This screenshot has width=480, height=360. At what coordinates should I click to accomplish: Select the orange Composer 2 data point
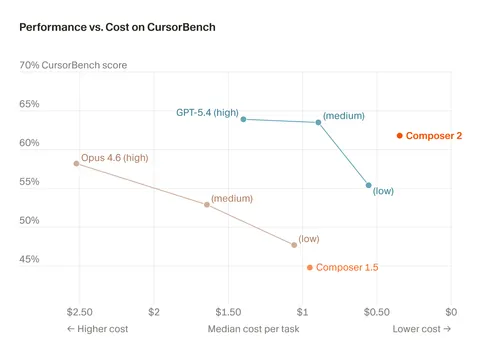coord(399,136)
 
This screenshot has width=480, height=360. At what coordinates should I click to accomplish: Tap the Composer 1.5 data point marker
coord(310,267)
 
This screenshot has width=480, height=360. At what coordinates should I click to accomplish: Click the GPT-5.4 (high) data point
coord(243,119)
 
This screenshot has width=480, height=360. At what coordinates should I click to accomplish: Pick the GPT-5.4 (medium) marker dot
coord(318,122)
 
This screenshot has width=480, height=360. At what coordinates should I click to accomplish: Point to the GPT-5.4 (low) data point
coord(368,185)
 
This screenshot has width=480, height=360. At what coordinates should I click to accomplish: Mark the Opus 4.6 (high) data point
coord(76,163)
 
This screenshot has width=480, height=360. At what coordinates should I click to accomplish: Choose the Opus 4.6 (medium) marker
coord(207,204)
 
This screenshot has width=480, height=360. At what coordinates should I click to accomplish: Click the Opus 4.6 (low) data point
coord(294,244)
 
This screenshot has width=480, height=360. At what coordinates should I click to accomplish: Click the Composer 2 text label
coord(433,136)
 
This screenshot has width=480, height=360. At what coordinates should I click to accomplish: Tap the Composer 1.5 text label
coord(347,267)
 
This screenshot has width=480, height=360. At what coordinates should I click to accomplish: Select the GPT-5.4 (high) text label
coord(207,113)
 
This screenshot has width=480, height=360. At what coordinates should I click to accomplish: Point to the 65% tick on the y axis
coord(30,104)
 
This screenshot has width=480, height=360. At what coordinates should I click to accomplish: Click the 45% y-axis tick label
coord(30,259)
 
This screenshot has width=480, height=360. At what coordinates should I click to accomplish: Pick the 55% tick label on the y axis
coord(30,182)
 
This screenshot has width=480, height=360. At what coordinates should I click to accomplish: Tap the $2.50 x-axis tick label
coord(80,311)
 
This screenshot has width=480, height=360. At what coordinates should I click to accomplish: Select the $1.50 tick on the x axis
coord(228,311)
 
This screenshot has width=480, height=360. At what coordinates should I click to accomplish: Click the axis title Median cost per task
coord(253,328)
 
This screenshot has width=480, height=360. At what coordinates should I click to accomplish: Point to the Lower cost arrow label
coord(421,328)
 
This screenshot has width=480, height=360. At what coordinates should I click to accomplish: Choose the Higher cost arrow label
coord(99,328)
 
